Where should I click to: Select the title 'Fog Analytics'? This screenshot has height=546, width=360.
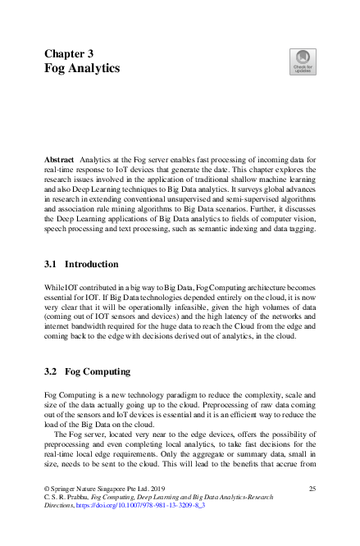[x=82, y=69]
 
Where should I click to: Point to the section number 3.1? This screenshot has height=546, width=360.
[x=51, y=265]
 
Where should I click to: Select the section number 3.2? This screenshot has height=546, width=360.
[x=51, y=372]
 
